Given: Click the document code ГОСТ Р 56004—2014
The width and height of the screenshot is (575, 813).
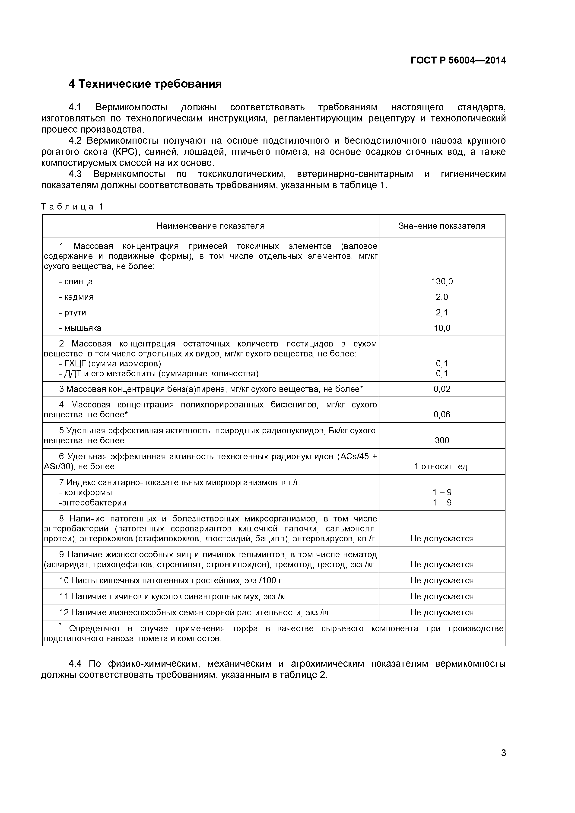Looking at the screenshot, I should coord(458,60).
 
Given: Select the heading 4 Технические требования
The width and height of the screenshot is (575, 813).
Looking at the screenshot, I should coord(145,84).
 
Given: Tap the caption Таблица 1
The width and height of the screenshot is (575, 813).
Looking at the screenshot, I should coord(72,206).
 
